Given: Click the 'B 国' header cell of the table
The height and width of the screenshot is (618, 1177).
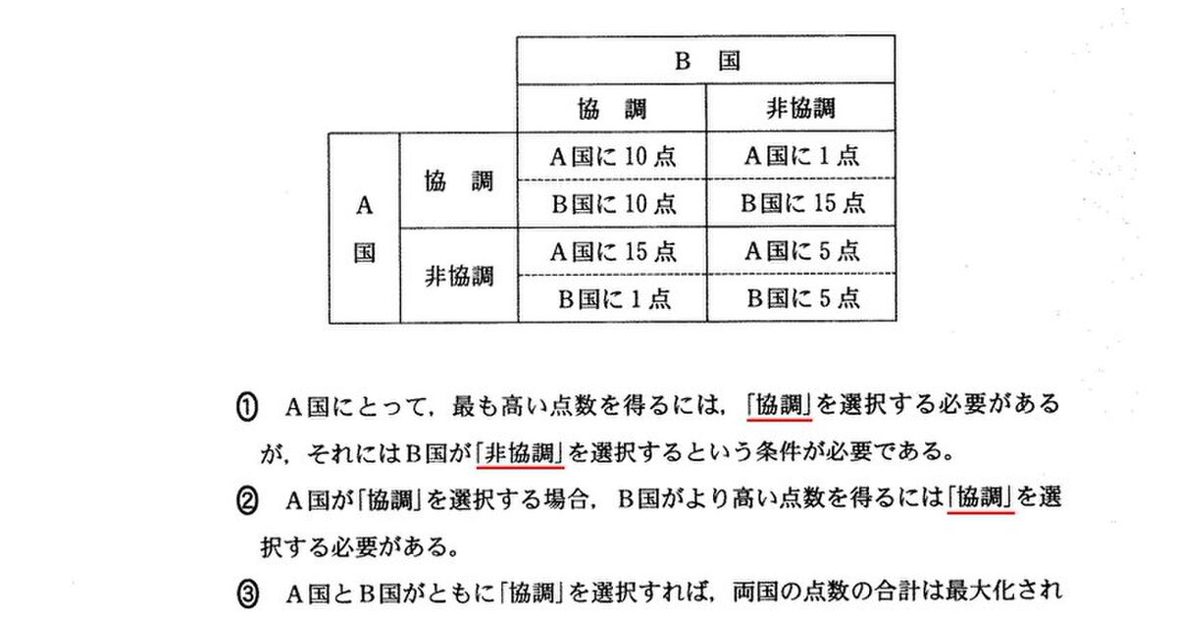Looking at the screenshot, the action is (706, 61).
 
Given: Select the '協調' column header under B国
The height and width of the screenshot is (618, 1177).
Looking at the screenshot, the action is (612, 108).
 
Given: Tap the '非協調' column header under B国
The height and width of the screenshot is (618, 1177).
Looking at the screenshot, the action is (800, 108).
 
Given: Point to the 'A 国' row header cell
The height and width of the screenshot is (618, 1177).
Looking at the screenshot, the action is (364, 228).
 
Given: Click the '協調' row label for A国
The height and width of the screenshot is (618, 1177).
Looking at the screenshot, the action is (459, 180).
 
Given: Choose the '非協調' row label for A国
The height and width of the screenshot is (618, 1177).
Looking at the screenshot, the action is (459, 276).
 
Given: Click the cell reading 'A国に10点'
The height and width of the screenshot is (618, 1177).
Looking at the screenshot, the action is (612, 156).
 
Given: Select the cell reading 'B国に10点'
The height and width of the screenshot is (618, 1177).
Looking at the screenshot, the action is (612, 204).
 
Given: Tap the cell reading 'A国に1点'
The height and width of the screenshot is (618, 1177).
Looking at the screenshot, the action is (801, 156).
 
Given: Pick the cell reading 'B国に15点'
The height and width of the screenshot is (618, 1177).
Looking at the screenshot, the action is (801, 203).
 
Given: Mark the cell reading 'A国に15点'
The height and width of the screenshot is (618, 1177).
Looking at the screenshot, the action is (612, 251).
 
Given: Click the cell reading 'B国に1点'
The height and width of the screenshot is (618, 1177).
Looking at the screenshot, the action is (612, 298).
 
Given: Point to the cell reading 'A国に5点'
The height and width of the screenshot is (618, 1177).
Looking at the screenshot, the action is (801, 250).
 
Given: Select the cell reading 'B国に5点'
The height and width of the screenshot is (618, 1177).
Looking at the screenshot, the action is (801, 298).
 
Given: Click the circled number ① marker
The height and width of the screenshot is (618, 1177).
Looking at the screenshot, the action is (247, 408).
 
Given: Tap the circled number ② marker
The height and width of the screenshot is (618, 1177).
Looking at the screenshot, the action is (247, 501).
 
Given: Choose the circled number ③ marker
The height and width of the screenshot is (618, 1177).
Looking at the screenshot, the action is (247, 594).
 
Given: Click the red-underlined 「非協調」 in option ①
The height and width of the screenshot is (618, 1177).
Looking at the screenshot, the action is (520, 452).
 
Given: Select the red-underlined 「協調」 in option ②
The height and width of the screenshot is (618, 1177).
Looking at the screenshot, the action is (981, 497).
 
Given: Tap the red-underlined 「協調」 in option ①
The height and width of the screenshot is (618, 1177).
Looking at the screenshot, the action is (779, 405).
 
